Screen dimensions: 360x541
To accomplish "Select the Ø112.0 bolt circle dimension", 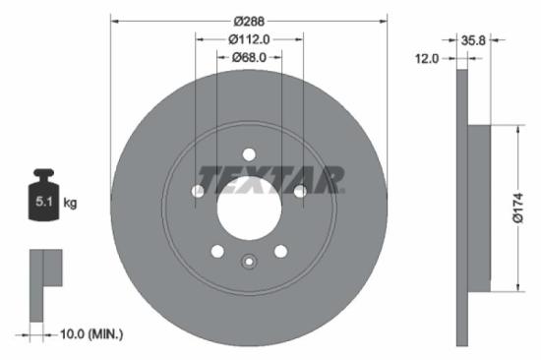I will click(x=249, y=39).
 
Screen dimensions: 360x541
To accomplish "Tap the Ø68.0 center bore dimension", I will click(x=249, y=59).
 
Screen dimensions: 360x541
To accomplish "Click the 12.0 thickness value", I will click(x=425, y=59).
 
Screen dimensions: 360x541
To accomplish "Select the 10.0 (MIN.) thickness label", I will click(x=89, y=335).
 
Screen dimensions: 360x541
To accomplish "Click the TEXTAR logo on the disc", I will click(x=271, y=179).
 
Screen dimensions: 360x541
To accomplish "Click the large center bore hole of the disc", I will click(x=248, y=208).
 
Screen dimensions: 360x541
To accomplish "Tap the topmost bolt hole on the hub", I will click(x=248, y=153).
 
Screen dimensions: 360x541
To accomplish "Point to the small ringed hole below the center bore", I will click(x=248, y=261).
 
